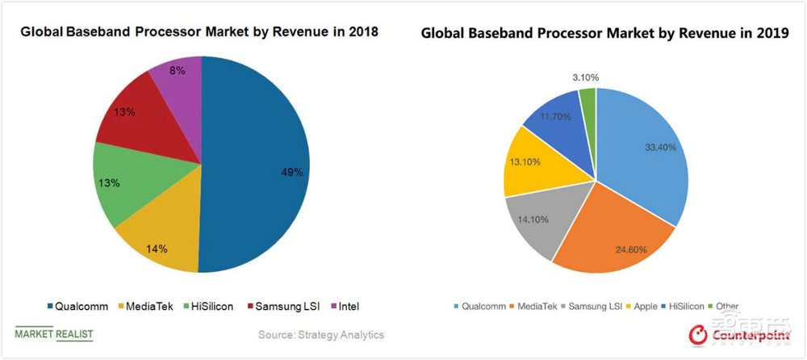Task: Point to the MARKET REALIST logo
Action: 53,333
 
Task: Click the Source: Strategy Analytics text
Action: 321,334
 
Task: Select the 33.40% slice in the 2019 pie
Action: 646,153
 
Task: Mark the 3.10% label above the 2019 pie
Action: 585,77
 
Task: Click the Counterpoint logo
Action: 732,333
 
